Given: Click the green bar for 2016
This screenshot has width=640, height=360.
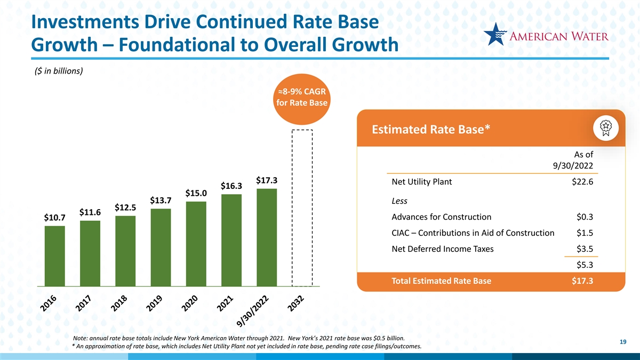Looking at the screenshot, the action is click(x=54, y=256).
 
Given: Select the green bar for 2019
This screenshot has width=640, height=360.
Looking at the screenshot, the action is click(x=161, y=247).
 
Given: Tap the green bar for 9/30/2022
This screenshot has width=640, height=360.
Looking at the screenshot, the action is click(x=267, y=237).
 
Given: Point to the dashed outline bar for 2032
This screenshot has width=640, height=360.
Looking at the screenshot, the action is click(x=292, y=208).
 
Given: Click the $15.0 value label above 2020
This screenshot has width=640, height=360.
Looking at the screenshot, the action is click(x=196, y=193).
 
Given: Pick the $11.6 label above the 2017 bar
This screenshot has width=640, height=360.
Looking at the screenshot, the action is click(x=90, y=212).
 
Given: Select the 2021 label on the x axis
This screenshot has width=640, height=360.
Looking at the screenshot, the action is click(x=225, y=303).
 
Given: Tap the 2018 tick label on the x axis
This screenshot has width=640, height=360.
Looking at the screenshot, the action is click(x=119, y=303).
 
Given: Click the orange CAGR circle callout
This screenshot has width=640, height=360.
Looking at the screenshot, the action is click(x=302, y=99).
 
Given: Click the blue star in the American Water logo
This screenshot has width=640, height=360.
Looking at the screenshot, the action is click(x=495, y=34).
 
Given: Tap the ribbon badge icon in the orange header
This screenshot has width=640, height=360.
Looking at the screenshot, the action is click(x=606, y=128).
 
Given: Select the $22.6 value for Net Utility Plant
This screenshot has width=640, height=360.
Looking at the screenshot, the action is click(x=582, y=182).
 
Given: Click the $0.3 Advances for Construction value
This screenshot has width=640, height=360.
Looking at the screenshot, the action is click(x=585, y=217).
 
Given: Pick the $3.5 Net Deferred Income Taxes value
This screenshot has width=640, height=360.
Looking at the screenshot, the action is click(x=585, y=249).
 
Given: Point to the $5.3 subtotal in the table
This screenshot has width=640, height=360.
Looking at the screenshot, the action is click(x=585, y=265).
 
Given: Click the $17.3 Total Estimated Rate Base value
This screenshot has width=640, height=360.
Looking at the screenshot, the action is click(x=582, y=281).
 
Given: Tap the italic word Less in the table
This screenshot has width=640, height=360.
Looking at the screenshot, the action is click(x=399, y=201).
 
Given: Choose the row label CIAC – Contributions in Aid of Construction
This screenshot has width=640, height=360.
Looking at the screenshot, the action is click(x=473, y=233).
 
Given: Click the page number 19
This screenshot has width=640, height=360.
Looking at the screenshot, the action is click(x=623, y=342).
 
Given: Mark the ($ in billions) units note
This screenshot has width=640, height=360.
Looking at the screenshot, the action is click(x=59, y=71).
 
